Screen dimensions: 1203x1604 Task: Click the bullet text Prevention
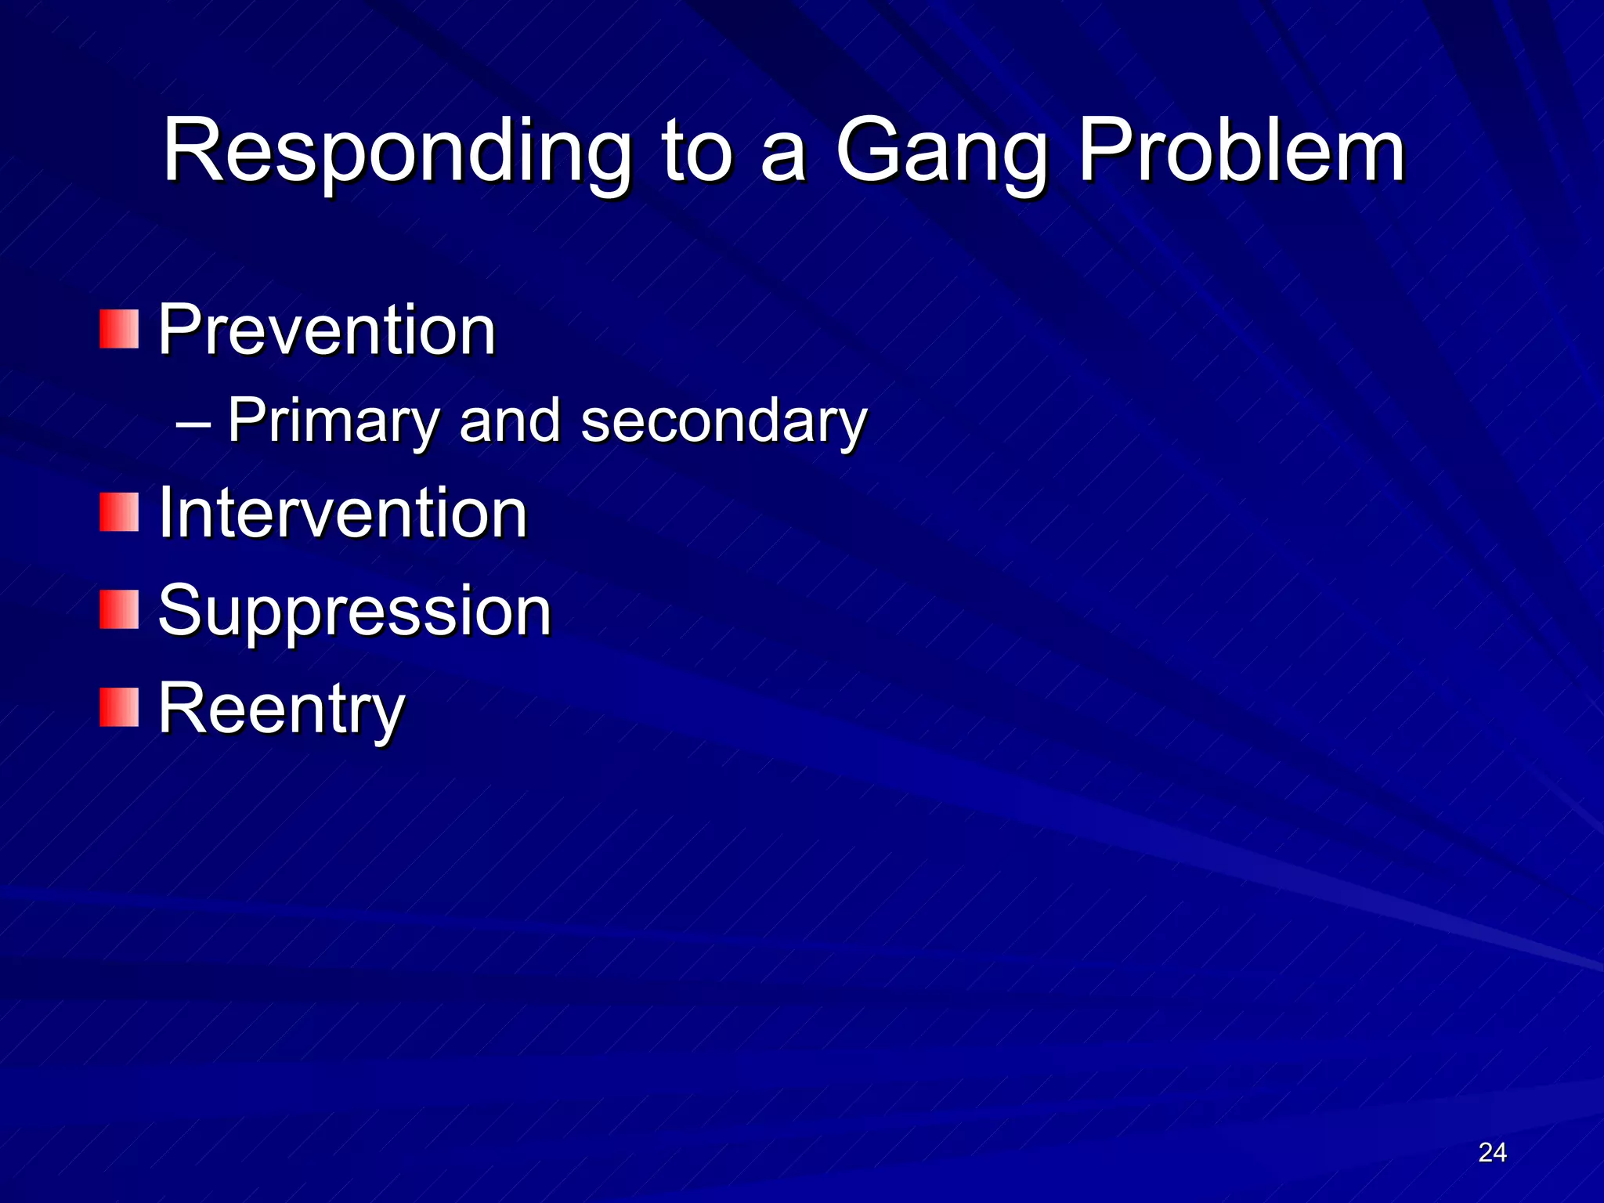pyautogui.click(x=327, y=330)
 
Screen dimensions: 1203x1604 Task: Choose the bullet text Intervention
pyautogui.click(x=342, y=513)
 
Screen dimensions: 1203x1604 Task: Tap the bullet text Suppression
pyautogui.click(x=355, y=611)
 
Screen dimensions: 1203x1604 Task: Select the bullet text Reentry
pyautogui.click(x=281, y=709)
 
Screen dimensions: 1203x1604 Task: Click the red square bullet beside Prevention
pyautogui.click(x=119, y=329)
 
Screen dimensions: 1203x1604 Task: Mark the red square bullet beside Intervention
pyautogui.click(x=119, y=512)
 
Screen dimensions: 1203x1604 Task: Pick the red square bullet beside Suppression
pyautogui.click(x=119, y=610)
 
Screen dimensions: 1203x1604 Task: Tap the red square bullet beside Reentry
pyautogui.click(x=119, y=708)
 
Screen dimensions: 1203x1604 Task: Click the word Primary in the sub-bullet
pyautogui.click(x=333, y=421)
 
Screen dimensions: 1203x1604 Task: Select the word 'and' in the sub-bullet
pyautogui.click(x=510, y=421)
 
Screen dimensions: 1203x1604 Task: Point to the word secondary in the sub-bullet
pyautogui.click(x=724, y=421)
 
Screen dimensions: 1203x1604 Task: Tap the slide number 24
pyautogui.click(x=1492, y=1152)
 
